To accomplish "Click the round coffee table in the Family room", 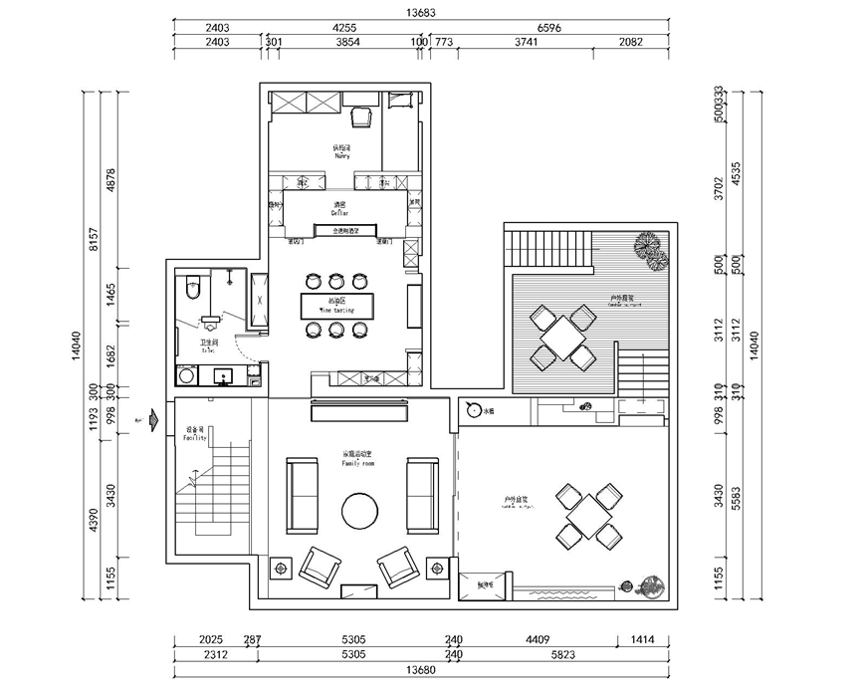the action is (x=360, y=512).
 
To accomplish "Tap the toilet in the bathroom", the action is (x=194, y=289).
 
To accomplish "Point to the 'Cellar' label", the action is (x=338, y=208).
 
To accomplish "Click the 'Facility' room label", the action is (x=195, y=434).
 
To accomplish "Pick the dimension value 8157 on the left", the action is (x=93, y=240).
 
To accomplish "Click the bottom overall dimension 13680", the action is (x=422, y=670).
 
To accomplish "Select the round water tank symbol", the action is (x=473, y=410).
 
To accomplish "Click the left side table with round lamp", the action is (x=281, y=568).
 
